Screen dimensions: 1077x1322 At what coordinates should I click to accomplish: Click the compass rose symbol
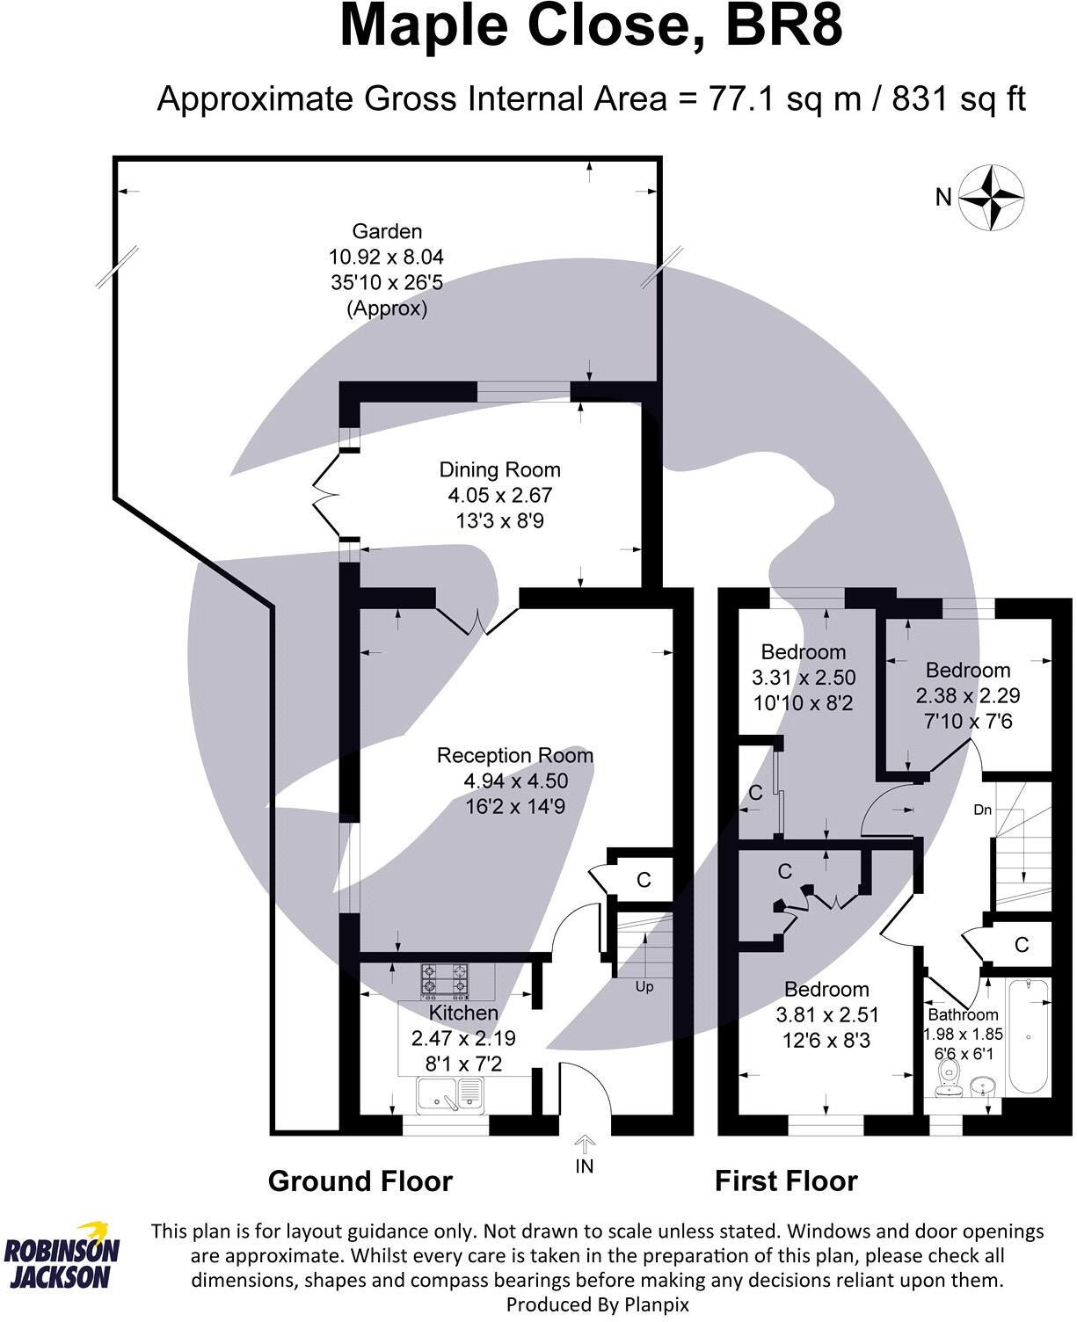(991, 197)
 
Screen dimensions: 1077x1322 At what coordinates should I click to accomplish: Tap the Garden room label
(387, 232)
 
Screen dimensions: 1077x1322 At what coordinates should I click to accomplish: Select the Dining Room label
(499, 470)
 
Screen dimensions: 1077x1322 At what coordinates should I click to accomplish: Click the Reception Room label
(515, 756)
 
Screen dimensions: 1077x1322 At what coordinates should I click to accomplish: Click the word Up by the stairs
(644, 987)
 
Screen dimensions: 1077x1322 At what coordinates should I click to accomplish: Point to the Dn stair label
(983, 810)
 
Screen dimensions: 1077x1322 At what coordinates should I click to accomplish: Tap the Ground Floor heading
(360, 1181)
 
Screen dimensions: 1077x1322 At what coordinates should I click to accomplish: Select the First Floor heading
(786, 1181)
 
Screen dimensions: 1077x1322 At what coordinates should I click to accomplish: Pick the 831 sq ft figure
(958, 98)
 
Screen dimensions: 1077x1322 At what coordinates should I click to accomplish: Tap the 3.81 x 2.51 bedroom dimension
(827, 1015)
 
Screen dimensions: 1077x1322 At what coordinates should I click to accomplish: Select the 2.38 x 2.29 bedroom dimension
(968, 696)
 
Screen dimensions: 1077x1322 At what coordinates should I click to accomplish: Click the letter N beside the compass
(943, 198)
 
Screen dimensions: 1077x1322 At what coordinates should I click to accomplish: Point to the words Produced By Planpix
(598, 1305)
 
